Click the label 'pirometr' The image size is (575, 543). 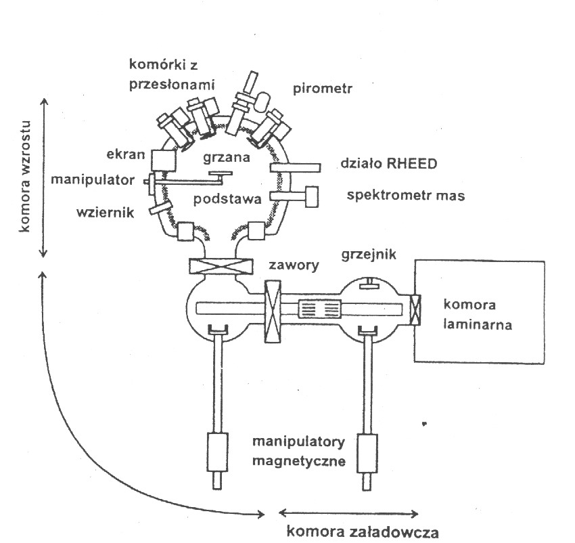tap(319, 89)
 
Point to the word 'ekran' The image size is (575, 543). tap(129, 154)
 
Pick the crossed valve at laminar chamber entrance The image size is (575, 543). tap(415, 309)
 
